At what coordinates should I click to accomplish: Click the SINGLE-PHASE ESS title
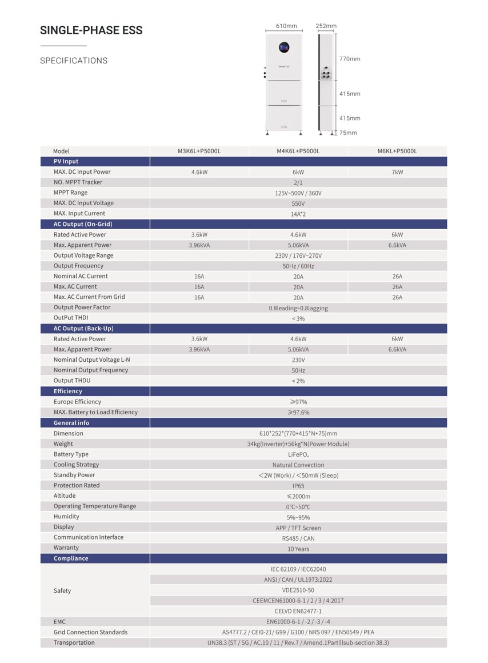[x=91, y=30]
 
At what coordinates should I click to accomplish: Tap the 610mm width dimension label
[x=286, y=26]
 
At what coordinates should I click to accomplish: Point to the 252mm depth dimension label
[x=326, y=26]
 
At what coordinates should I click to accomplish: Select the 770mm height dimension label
[x=350, y=59]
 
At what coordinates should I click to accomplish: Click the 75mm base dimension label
[x=348, y=133]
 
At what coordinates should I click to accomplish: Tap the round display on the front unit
[x=283, y=47]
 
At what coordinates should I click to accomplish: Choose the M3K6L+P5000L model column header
[x=199, y=151]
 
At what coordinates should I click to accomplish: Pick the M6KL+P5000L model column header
[x=397, y=151]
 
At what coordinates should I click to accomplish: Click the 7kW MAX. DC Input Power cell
[x=397, y=172]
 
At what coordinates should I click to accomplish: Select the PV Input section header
[x=66, y=161]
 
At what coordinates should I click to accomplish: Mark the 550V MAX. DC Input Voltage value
[x=298, y=203]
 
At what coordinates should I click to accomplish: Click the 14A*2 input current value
[x=298, y=214]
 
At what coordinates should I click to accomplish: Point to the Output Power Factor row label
[x=82, y=307]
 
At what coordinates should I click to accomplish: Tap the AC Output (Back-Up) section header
[x=83, y=329]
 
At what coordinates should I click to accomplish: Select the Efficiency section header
[x=68, y=391]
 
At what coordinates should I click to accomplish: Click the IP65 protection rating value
[x=298, y=486]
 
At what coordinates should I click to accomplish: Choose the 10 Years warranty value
[x=298, y=549]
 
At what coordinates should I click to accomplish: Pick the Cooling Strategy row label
[x=76, y=465]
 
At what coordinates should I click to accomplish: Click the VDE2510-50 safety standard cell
[x=298, y=590]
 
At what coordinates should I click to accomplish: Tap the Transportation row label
[x=74, y=642]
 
